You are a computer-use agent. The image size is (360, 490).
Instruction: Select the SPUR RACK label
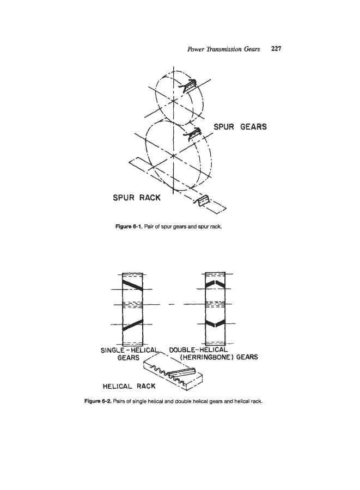[137, 197]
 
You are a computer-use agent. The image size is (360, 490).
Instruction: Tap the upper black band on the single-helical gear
[131, 284]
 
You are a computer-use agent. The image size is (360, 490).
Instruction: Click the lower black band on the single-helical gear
[131, 325]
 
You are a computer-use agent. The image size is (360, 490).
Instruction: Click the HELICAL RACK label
[129, 386]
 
